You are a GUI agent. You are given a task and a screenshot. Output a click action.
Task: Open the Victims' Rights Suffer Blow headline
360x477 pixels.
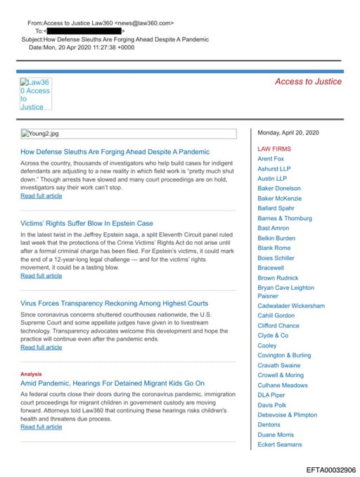click(x=86, y=223)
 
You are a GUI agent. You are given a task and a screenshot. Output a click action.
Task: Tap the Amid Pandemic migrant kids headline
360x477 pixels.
click(x=112, y=383)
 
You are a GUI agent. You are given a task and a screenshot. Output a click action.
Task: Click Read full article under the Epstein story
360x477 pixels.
click(x=41, y=276)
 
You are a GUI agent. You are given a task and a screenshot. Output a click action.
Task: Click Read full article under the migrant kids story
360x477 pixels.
click(x=41, y=427)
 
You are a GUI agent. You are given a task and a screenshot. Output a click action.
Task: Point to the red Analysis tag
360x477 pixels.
click(x=31, y=374)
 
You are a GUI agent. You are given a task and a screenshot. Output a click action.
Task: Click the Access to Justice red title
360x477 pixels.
click(x=308, y=82)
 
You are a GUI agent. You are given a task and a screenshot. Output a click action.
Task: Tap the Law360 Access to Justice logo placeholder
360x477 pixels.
click(x=36, y=94)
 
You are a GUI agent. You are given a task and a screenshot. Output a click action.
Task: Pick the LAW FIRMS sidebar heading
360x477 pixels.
click(x=274, y=149)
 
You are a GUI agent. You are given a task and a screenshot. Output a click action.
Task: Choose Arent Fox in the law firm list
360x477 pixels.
click(x=271, y=159)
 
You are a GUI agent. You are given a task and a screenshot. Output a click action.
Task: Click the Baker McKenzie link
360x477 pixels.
click(x=279, y=198)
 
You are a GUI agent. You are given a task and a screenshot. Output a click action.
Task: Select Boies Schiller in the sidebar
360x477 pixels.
click(x=276, y=257)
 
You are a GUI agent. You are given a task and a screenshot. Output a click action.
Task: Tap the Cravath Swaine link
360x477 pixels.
click(x=278, y=365)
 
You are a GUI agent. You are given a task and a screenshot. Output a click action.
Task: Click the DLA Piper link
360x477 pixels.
click(x=272, y=395)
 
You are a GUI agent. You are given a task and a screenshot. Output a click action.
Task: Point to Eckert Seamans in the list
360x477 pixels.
click(x=280, y=445)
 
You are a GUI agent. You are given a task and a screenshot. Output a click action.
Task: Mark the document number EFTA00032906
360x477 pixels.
click(x=330, y=469)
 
